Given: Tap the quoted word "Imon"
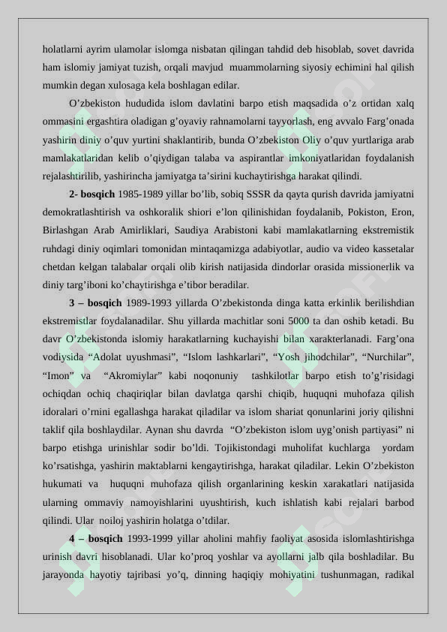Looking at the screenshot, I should coord(61,375).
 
